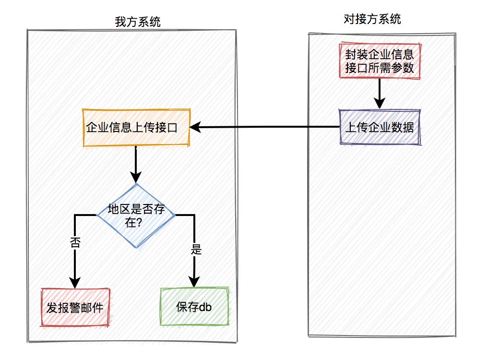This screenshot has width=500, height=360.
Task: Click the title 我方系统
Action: [x=137, y=22]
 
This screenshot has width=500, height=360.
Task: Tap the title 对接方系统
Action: [x=372, y=19]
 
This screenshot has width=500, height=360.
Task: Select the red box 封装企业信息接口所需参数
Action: [x=380, y=61]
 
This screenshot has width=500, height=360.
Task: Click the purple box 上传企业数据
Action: [x=380, y=127]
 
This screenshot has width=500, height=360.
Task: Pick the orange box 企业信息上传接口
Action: [x=136, y=128]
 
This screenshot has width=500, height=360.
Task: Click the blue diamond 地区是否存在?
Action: [x=136, y=216]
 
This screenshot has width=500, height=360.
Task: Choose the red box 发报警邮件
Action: [x=75, y=307]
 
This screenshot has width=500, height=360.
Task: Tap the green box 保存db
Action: [x=194, y=306]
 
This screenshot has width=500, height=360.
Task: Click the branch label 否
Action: [x=75, y=243]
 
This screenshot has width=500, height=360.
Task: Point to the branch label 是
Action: [x=196, y=249]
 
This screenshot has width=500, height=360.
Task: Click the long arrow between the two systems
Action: [x=265, y=127]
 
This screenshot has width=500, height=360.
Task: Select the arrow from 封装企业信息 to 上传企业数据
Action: [x=380, y=94]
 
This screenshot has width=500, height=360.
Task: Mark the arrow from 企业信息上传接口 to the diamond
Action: [x=136, y=165]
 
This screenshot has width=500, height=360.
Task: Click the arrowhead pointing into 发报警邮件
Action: [x=75, y=283]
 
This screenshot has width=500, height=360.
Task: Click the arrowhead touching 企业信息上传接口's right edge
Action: [x=195, y=127]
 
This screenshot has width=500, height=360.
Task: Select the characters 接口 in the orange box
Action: [x=166, y=128]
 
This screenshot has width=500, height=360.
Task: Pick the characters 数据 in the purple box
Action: [x=403, y=127]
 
